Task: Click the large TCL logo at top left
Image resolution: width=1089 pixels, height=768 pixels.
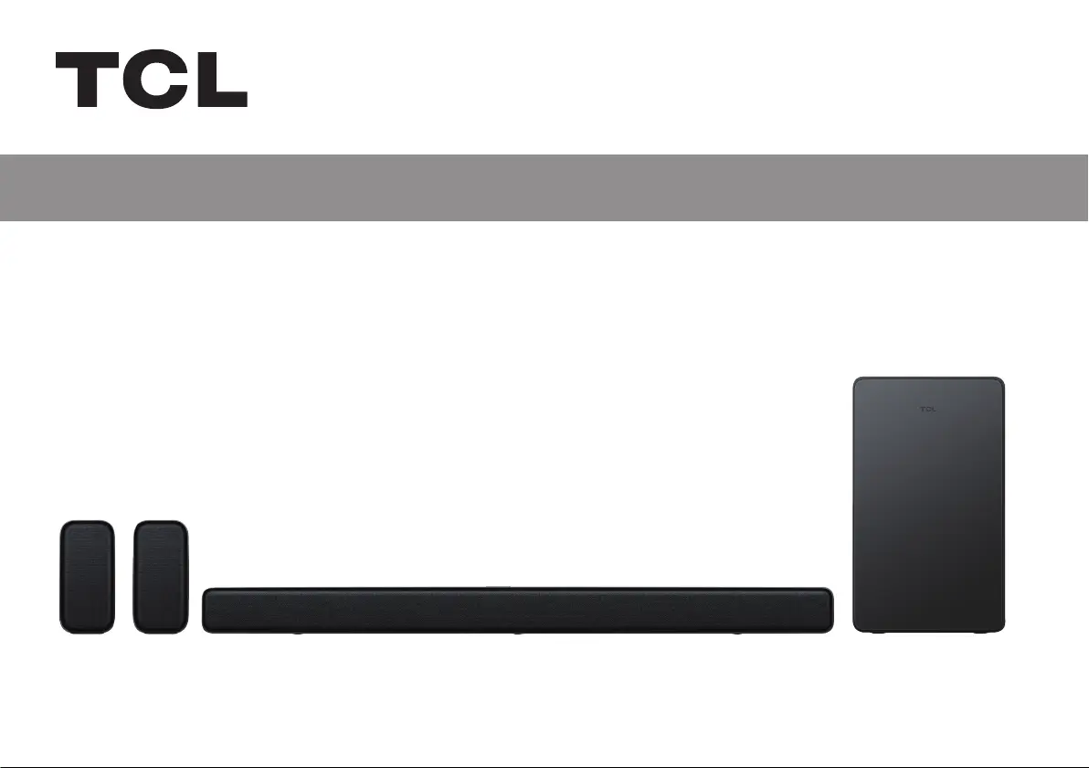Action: click(152, 80)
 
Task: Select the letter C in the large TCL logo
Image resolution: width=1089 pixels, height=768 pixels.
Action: click(155, 80)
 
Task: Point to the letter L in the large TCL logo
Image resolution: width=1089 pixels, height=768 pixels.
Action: click(222, 80)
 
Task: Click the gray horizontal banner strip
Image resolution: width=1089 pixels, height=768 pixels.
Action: click(544, 187)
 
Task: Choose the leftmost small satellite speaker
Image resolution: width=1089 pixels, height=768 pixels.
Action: click(88, 577)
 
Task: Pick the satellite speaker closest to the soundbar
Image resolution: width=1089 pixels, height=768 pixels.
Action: click(161, 577)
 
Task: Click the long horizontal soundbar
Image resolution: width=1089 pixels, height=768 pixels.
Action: click(517, 610)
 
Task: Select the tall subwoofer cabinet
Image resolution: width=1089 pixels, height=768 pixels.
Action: click(928, 505)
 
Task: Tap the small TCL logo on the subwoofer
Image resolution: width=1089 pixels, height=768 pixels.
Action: click(928, 410)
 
